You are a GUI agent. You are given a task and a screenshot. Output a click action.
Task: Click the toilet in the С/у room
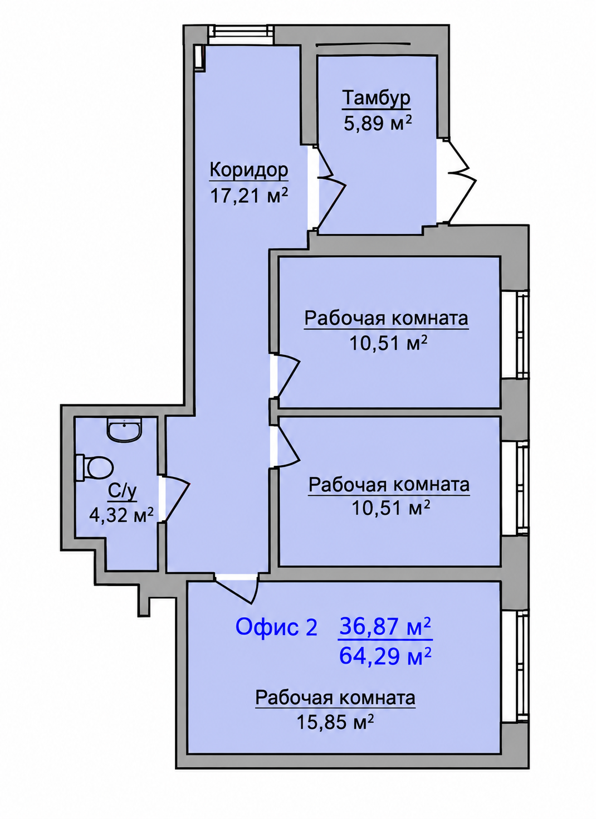tap(93, 469)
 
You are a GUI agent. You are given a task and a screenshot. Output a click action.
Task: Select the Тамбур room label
tap(376, 99)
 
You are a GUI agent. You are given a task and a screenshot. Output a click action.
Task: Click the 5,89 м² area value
tap(378, 123)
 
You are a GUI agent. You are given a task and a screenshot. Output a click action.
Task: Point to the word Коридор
tap(248, 170)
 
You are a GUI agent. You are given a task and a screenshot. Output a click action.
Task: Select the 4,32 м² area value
tap(121, 515)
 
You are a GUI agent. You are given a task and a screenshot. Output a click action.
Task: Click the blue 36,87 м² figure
tap(385, 626)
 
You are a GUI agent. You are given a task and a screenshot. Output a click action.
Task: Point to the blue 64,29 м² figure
tap(385, 656)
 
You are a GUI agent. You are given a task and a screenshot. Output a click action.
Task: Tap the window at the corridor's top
tap(241, 32)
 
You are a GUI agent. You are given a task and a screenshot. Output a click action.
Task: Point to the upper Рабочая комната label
tap(386, 319)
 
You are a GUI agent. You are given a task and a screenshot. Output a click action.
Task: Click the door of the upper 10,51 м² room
tap(285, 376)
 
